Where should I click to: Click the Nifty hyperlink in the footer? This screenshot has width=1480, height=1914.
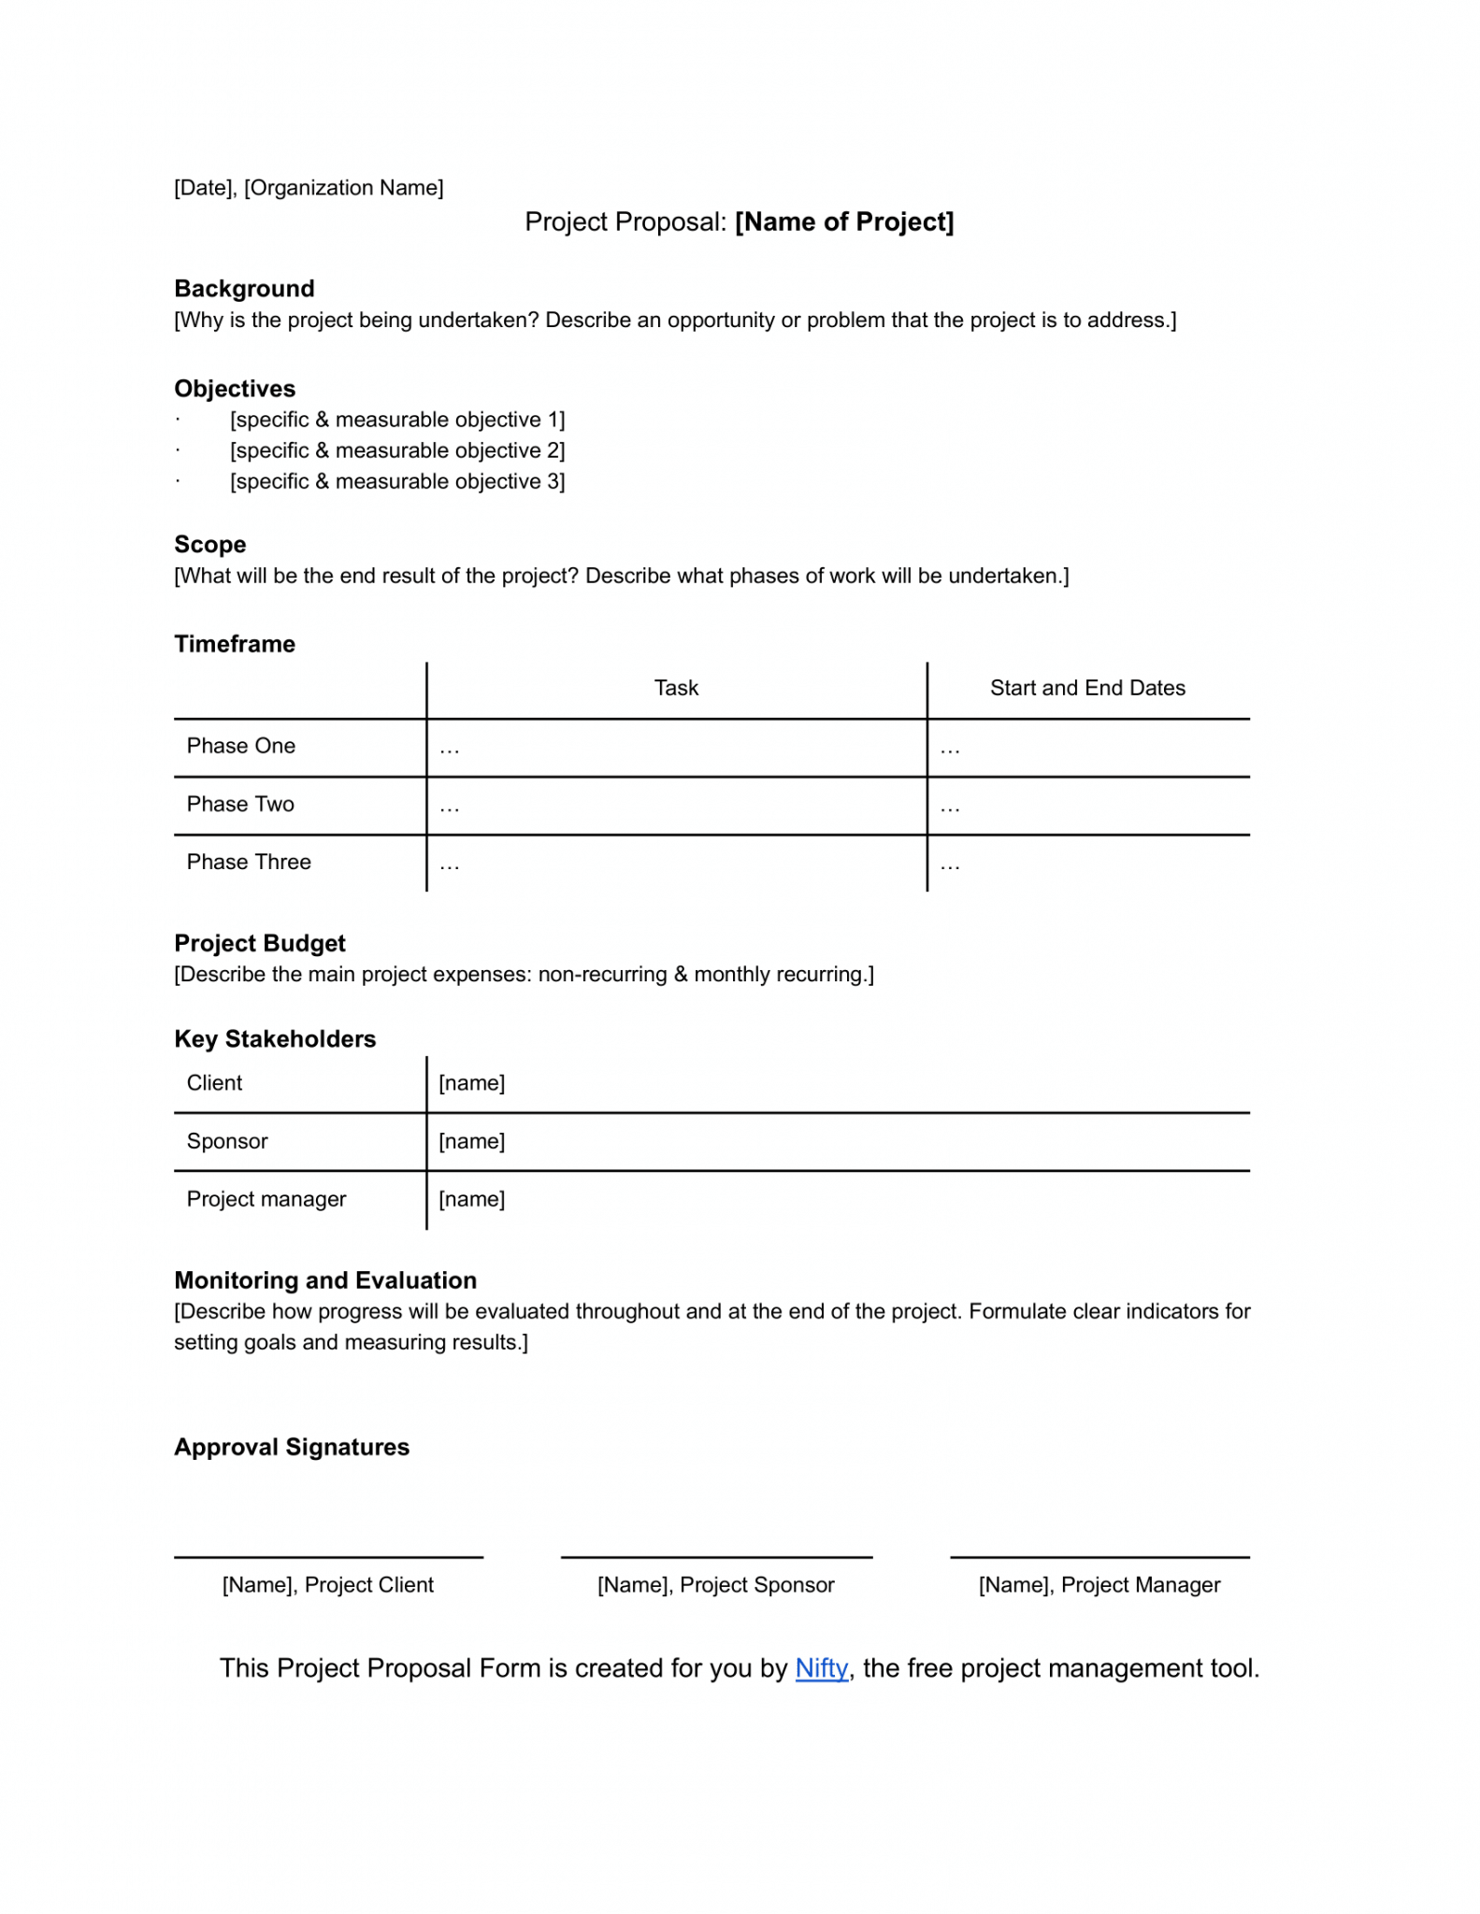coord(821,1668)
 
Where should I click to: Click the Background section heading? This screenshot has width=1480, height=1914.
coord(244,289)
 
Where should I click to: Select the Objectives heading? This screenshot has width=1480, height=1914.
coord(235,389)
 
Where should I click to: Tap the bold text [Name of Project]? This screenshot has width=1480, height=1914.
coord(844,222)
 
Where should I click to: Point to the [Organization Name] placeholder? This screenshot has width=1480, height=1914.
coord(343,188)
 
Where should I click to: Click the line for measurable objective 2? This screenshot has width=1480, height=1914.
coord(397,450)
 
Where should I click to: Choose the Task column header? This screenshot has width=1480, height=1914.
coord(676,688)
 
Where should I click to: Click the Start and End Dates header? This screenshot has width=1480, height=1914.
coord(1087,688)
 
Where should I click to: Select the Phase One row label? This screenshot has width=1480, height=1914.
coord(241,746)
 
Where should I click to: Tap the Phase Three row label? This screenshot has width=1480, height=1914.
coord(249,862)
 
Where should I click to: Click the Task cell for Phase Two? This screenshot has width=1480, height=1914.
coord(675,806)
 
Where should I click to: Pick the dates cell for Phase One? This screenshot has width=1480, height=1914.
coord(1087,748)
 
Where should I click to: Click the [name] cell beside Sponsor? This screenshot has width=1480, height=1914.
coord(472,1141)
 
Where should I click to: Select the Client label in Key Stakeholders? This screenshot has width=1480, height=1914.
coord(214,1083)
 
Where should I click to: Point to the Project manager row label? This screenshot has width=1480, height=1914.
coord(266,1199)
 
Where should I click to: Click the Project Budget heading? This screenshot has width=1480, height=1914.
coord(260,943)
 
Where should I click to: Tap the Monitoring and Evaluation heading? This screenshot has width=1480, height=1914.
coord(325,1280)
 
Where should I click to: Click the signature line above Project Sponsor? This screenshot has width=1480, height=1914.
coord(716,1557)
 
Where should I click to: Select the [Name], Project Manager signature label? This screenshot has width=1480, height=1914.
coord(1099,1585)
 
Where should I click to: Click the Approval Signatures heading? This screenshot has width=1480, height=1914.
coord(292,1447)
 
